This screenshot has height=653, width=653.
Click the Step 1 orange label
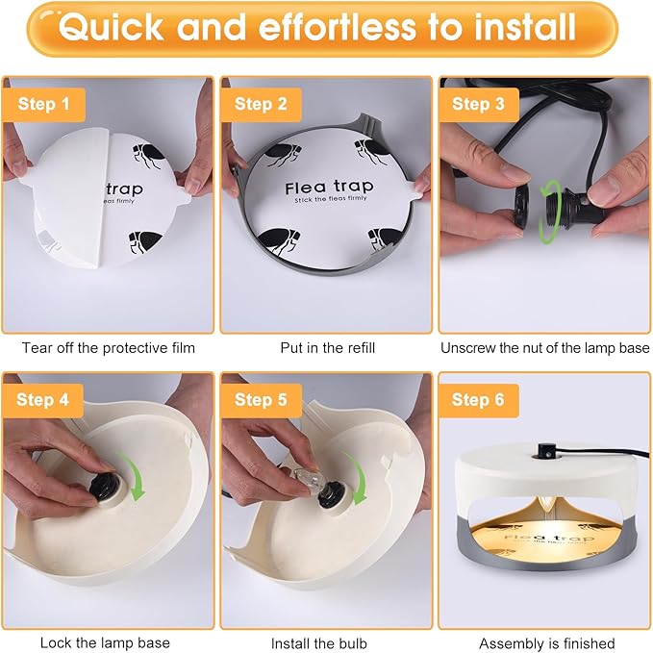pyautogui.click(x=42, y=104)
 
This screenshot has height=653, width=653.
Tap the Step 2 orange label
pyautogui.click(x=261, y=104)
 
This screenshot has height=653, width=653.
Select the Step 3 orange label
pyautogui.click(x=478, y=104)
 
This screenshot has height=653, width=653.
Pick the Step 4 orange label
pyautogui.click(x=42, y=399)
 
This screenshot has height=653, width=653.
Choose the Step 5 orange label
pyautogui.click(x=261, y=399)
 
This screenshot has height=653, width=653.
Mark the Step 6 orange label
pyautogui.click(x=478, y=399)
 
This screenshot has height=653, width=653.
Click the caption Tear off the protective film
pyautogui.click(x=108, y=348)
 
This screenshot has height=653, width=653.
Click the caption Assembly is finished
pyautogui.click(x=546, y=642)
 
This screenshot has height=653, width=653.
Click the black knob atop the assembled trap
pyautogui.click(x=544, y=449)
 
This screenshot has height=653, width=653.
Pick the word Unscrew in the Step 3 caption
pyautogui.click(x=468, y=348)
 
